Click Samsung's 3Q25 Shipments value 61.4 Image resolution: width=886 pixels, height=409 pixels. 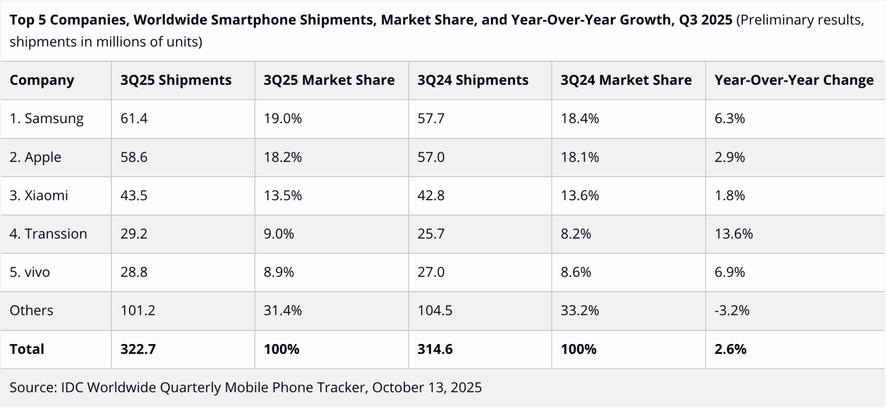pyautogui.click(x=134, y=119)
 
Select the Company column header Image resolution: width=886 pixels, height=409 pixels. pyautogui.click(x=42, y=80)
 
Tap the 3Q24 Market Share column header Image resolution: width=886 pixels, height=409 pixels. pyautogui.click(x=626, y=80)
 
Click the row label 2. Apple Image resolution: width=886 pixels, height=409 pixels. pyautogui.click(x=36, y=157)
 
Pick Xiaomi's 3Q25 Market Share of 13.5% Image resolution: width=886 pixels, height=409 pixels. pyautogui.click(x=282, y=196)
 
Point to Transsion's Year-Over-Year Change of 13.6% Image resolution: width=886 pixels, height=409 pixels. pyautogui.click(x=733, y=234)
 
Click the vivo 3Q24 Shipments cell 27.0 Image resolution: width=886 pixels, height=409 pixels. pyautogui.click(x=431, y=272)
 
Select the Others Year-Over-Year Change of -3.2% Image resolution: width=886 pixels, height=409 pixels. pyautogui.click(x=732, y=310)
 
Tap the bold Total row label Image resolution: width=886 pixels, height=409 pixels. pyautogui.click(x=27, y=349)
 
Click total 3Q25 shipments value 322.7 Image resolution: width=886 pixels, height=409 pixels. pyautogui.click(x=138, y=349)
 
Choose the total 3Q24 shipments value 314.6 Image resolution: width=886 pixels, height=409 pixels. pyautogui.click(x=435, y=349)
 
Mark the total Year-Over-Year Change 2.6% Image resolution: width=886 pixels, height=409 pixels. pyautogui.click(x=730, y=349)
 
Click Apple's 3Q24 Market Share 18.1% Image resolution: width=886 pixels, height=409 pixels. pyautogui.click(x=580, y=157)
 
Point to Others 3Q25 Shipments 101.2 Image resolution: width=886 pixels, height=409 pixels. pyautogui.click(x=138, y=310)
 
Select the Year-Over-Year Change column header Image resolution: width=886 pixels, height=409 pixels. pyautogui.click(x=794, y=80)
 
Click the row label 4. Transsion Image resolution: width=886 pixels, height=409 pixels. pyautogui.click(x=48, y=234)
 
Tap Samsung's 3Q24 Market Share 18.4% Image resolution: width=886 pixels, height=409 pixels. pyautogui.click(x=580, y=119)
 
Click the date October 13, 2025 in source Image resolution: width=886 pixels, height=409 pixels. pyautogui.click(x=426, y=387)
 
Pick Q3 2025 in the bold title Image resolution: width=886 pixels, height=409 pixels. pyautogui.click(x=705, y=20)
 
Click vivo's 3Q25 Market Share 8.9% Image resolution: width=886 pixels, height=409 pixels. pyautogui.click(x=279, y=272)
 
